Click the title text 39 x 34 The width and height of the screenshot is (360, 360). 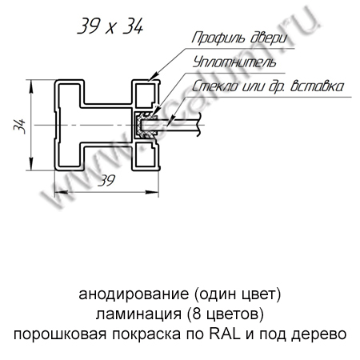110,26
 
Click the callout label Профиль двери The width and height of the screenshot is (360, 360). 239,38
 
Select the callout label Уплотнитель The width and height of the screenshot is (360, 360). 234,62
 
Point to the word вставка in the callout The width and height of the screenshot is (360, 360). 317,86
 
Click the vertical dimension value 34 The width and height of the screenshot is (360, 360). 20,126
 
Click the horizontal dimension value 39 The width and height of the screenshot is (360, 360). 106,181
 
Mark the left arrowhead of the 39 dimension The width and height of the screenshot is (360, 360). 61,192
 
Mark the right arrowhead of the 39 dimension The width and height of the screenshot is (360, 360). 152,192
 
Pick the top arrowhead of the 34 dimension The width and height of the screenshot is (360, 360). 31,86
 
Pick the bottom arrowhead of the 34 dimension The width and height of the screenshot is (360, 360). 31,163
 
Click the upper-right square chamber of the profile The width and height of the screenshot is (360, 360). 146,94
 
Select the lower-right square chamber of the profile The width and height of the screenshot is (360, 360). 146,155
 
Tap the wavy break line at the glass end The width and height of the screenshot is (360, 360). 198,125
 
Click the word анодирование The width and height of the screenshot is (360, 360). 134,294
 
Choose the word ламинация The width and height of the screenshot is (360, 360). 138,314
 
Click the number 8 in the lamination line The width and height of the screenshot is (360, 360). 196,314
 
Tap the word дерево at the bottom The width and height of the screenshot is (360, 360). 318,334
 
